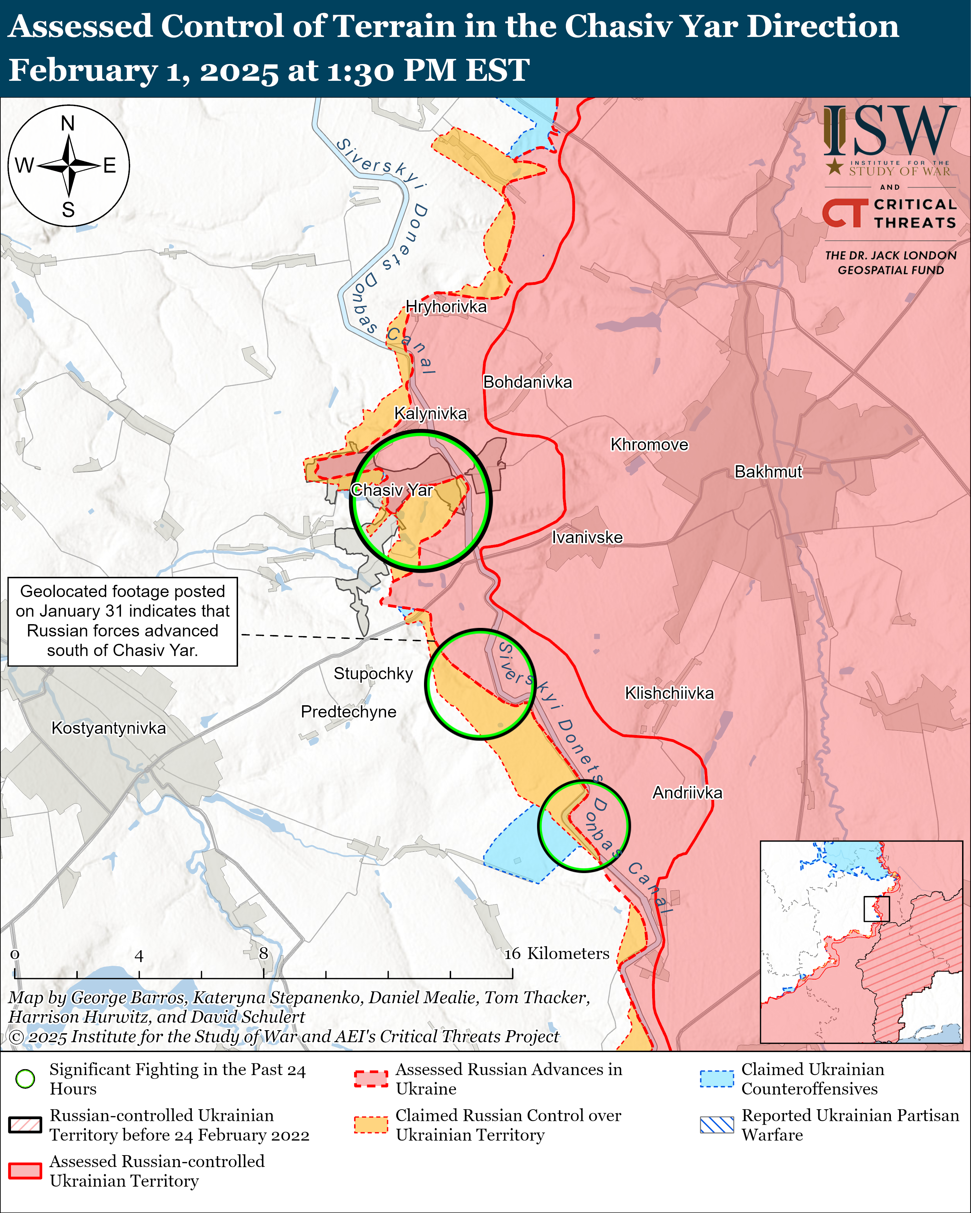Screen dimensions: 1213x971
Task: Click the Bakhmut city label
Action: click(768, 471)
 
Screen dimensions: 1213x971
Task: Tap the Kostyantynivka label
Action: click(109, 728)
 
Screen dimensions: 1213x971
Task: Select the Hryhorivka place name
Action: click(446, 307)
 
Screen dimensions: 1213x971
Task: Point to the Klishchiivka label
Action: click(669, 693)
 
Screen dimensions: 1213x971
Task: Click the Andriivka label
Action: click(687, 793)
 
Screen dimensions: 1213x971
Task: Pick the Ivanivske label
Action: click(587, 537)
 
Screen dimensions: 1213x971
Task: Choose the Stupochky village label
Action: click(373, 673)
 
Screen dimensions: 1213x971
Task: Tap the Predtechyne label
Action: click(348, 712)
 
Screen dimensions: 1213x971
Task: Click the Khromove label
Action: click(649, 444)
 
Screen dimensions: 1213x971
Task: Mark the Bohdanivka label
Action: click(527, 382)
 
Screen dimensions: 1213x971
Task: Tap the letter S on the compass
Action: click(68, 210)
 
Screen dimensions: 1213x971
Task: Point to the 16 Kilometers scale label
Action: click(557, 953)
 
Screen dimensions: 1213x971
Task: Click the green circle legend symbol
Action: click(25, 1078)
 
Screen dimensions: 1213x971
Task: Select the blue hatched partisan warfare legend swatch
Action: click(717, 1125)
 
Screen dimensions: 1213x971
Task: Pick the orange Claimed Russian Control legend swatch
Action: click(371, 1125)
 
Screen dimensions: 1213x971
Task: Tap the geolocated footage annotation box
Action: click(123, 621)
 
